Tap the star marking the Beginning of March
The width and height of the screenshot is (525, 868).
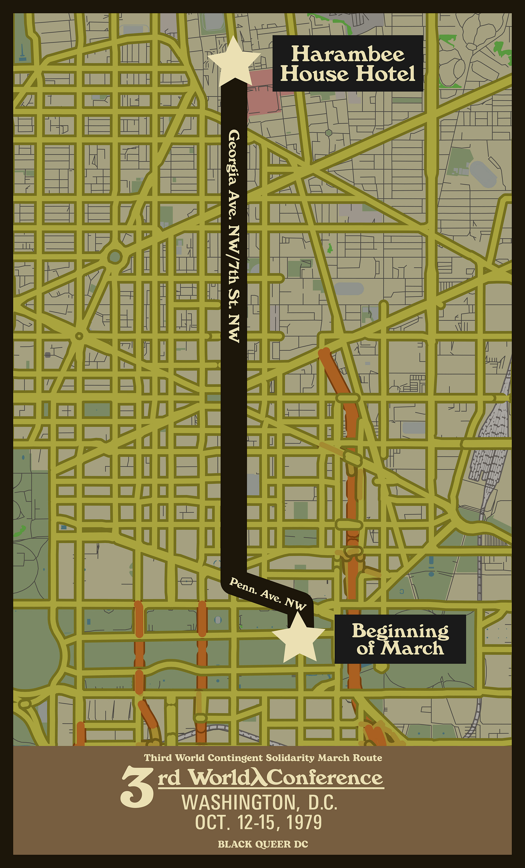point(299,637)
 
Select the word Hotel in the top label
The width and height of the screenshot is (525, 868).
point(385,74)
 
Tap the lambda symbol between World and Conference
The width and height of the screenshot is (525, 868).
point(259,778)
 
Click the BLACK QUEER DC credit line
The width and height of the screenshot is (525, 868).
point(263,844)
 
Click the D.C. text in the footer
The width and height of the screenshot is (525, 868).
point(322,803)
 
